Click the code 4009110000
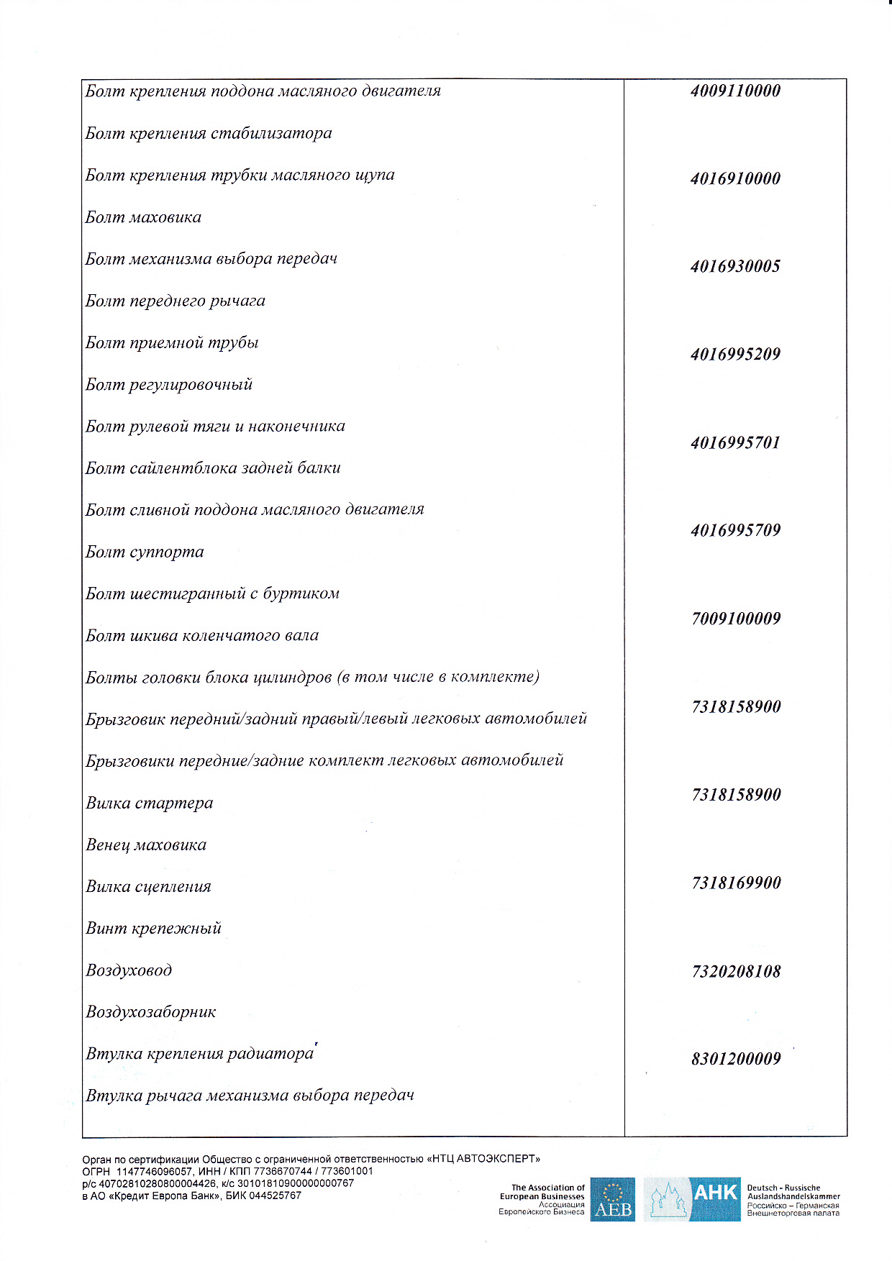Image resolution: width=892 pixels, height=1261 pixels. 735,91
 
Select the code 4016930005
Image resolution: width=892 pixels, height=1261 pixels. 735,266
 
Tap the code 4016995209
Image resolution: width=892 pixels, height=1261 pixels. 735,354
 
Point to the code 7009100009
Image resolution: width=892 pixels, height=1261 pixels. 736,619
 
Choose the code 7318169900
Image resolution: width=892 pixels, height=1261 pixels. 736,883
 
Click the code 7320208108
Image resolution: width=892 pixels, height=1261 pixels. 736,971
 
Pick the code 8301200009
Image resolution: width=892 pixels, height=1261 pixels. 736,1059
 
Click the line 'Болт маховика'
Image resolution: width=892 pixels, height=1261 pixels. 143,217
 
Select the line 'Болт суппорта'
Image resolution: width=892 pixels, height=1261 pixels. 145,552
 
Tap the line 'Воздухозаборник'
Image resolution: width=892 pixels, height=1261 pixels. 151,1012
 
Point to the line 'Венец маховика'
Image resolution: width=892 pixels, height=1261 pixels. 146,845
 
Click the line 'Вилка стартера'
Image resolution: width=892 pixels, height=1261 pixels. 150,803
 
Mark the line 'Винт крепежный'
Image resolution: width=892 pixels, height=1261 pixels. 154,929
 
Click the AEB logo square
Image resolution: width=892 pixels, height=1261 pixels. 613,1199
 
